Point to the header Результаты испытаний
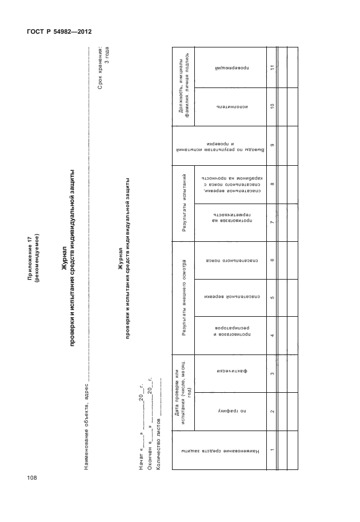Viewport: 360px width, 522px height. (184, 203)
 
